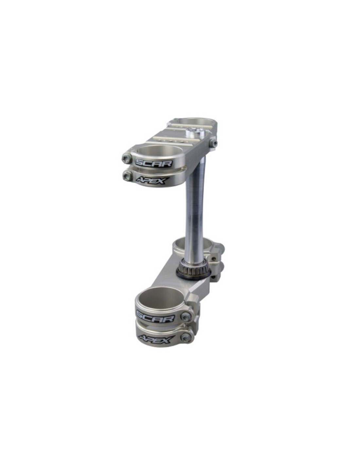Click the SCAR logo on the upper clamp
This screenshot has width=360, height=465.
[x=153, y=164]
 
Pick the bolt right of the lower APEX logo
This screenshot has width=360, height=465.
[x=184, y=338]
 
